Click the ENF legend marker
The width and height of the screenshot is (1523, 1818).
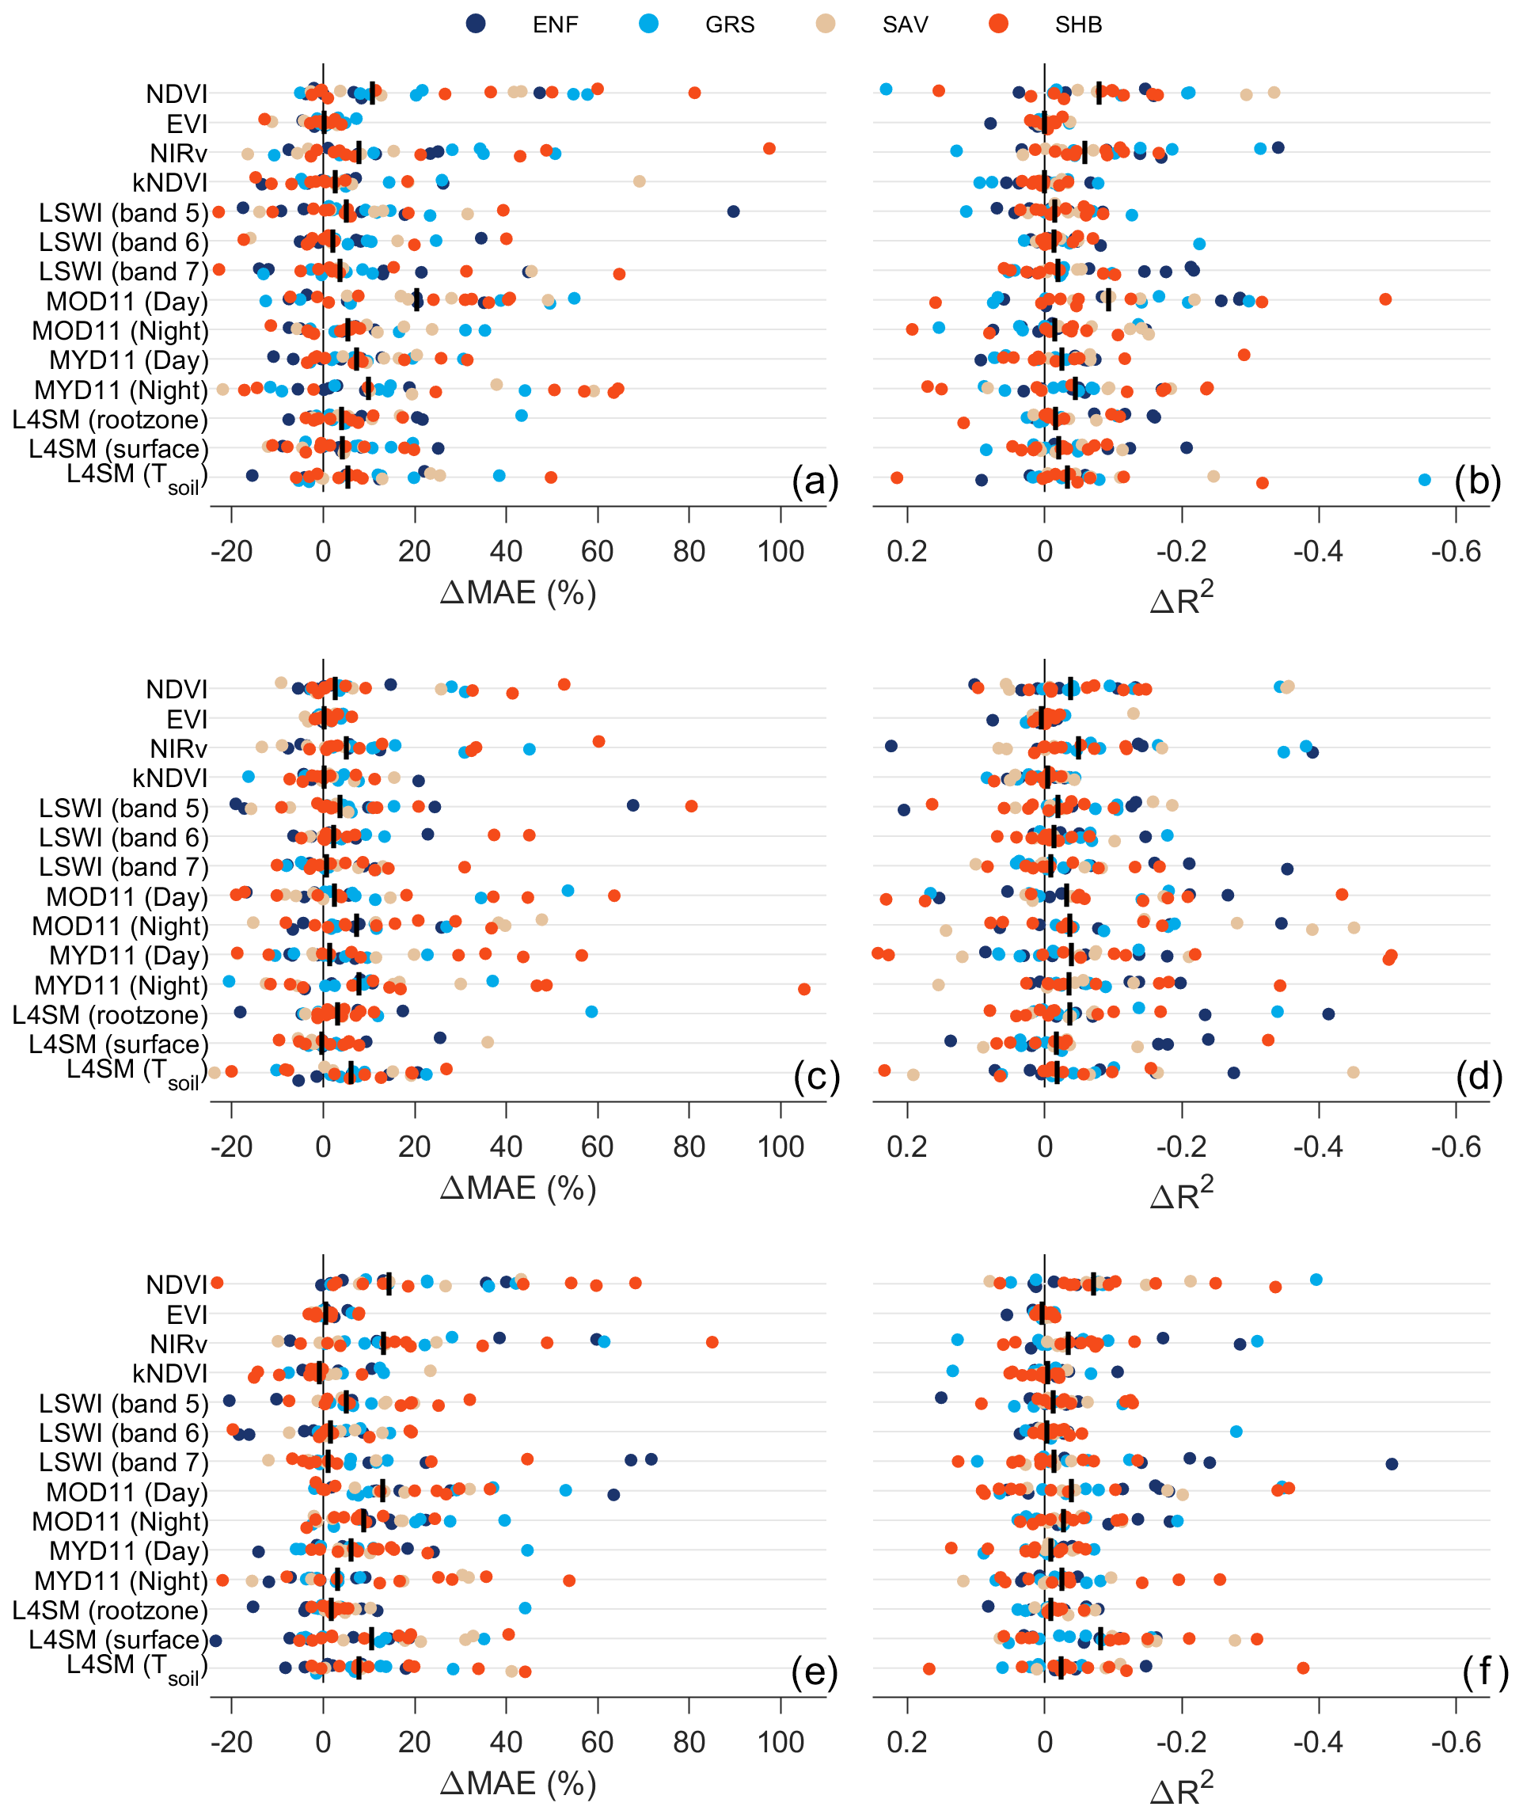[475, 24]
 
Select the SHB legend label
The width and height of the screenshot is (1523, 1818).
[1077, 25]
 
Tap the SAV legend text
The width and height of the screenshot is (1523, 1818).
[904, 25]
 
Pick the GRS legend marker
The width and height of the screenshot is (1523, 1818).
[648, 24]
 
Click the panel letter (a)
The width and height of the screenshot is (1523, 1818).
[815, 481]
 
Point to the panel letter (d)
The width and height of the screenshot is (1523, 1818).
[1479, 1077]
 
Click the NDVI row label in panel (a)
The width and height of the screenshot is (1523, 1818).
[177, 93]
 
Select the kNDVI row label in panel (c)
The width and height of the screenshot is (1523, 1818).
[169, 778]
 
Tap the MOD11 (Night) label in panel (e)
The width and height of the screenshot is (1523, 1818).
[120, 1521]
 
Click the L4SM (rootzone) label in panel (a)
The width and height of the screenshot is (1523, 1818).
[110, 420]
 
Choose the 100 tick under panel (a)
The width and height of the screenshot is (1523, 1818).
[780, 551]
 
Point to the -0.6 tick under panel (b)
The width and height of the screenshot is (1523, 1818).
[1456, 551]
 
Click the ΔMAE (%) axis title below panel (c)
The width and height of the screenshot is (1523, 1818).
[518, 1188]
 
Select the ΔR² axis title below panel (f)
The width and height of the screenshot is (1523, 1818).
[1181, 1787]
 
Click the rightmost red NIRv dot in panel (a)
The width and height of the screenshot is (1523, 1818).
[769, 149]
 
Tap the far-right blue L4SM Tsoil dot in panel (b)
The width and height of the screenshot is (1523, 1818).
[1424, 480]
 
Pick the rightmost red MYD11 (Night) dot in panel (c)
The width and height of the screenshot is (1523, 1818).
[804, 989]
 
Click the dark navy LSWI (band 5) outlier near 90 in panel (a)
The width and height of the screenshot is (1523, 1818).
[733, 211]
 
